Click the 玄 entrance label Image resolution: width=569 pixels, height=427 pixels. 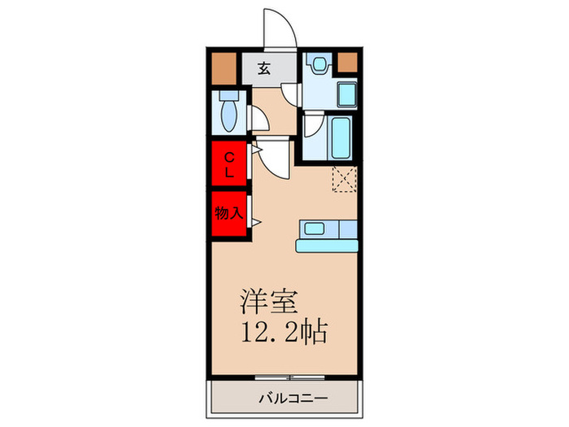coord(264,68)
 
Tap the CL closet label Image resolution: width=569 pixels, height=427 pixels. coord(229,165)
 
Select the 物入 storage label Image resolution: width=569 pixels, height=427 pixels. coord(228,213)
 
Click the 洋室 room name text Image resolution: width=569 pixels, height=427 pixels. coord(269,302)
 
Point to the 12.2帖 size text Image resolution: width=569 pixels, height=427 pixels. coord(284,331)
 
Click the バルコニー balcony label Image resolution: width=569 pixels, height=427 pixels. coord(293,399)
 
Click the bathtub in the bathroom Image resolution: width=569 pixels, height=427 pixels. coord(341,138)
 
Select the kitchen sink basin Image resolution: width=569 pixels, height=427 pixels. coord(315,229)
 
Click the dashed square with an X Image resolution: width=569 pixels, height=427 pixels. coord(345,179)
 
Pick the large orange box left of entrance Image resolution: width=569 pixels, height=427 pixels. coord(224,68)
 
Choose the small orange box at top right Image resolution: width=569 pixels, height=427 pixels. coord(347,62)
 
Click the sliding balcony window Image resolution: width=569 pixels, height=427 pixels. coord(289,377)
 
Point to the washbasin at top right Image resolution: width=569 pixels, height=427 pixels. coord(319,64)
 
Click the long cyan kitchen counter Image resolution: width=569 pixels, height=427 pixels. coord(327,246)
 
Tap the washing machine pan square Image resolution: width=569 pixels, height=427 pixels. coord(347,94)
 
